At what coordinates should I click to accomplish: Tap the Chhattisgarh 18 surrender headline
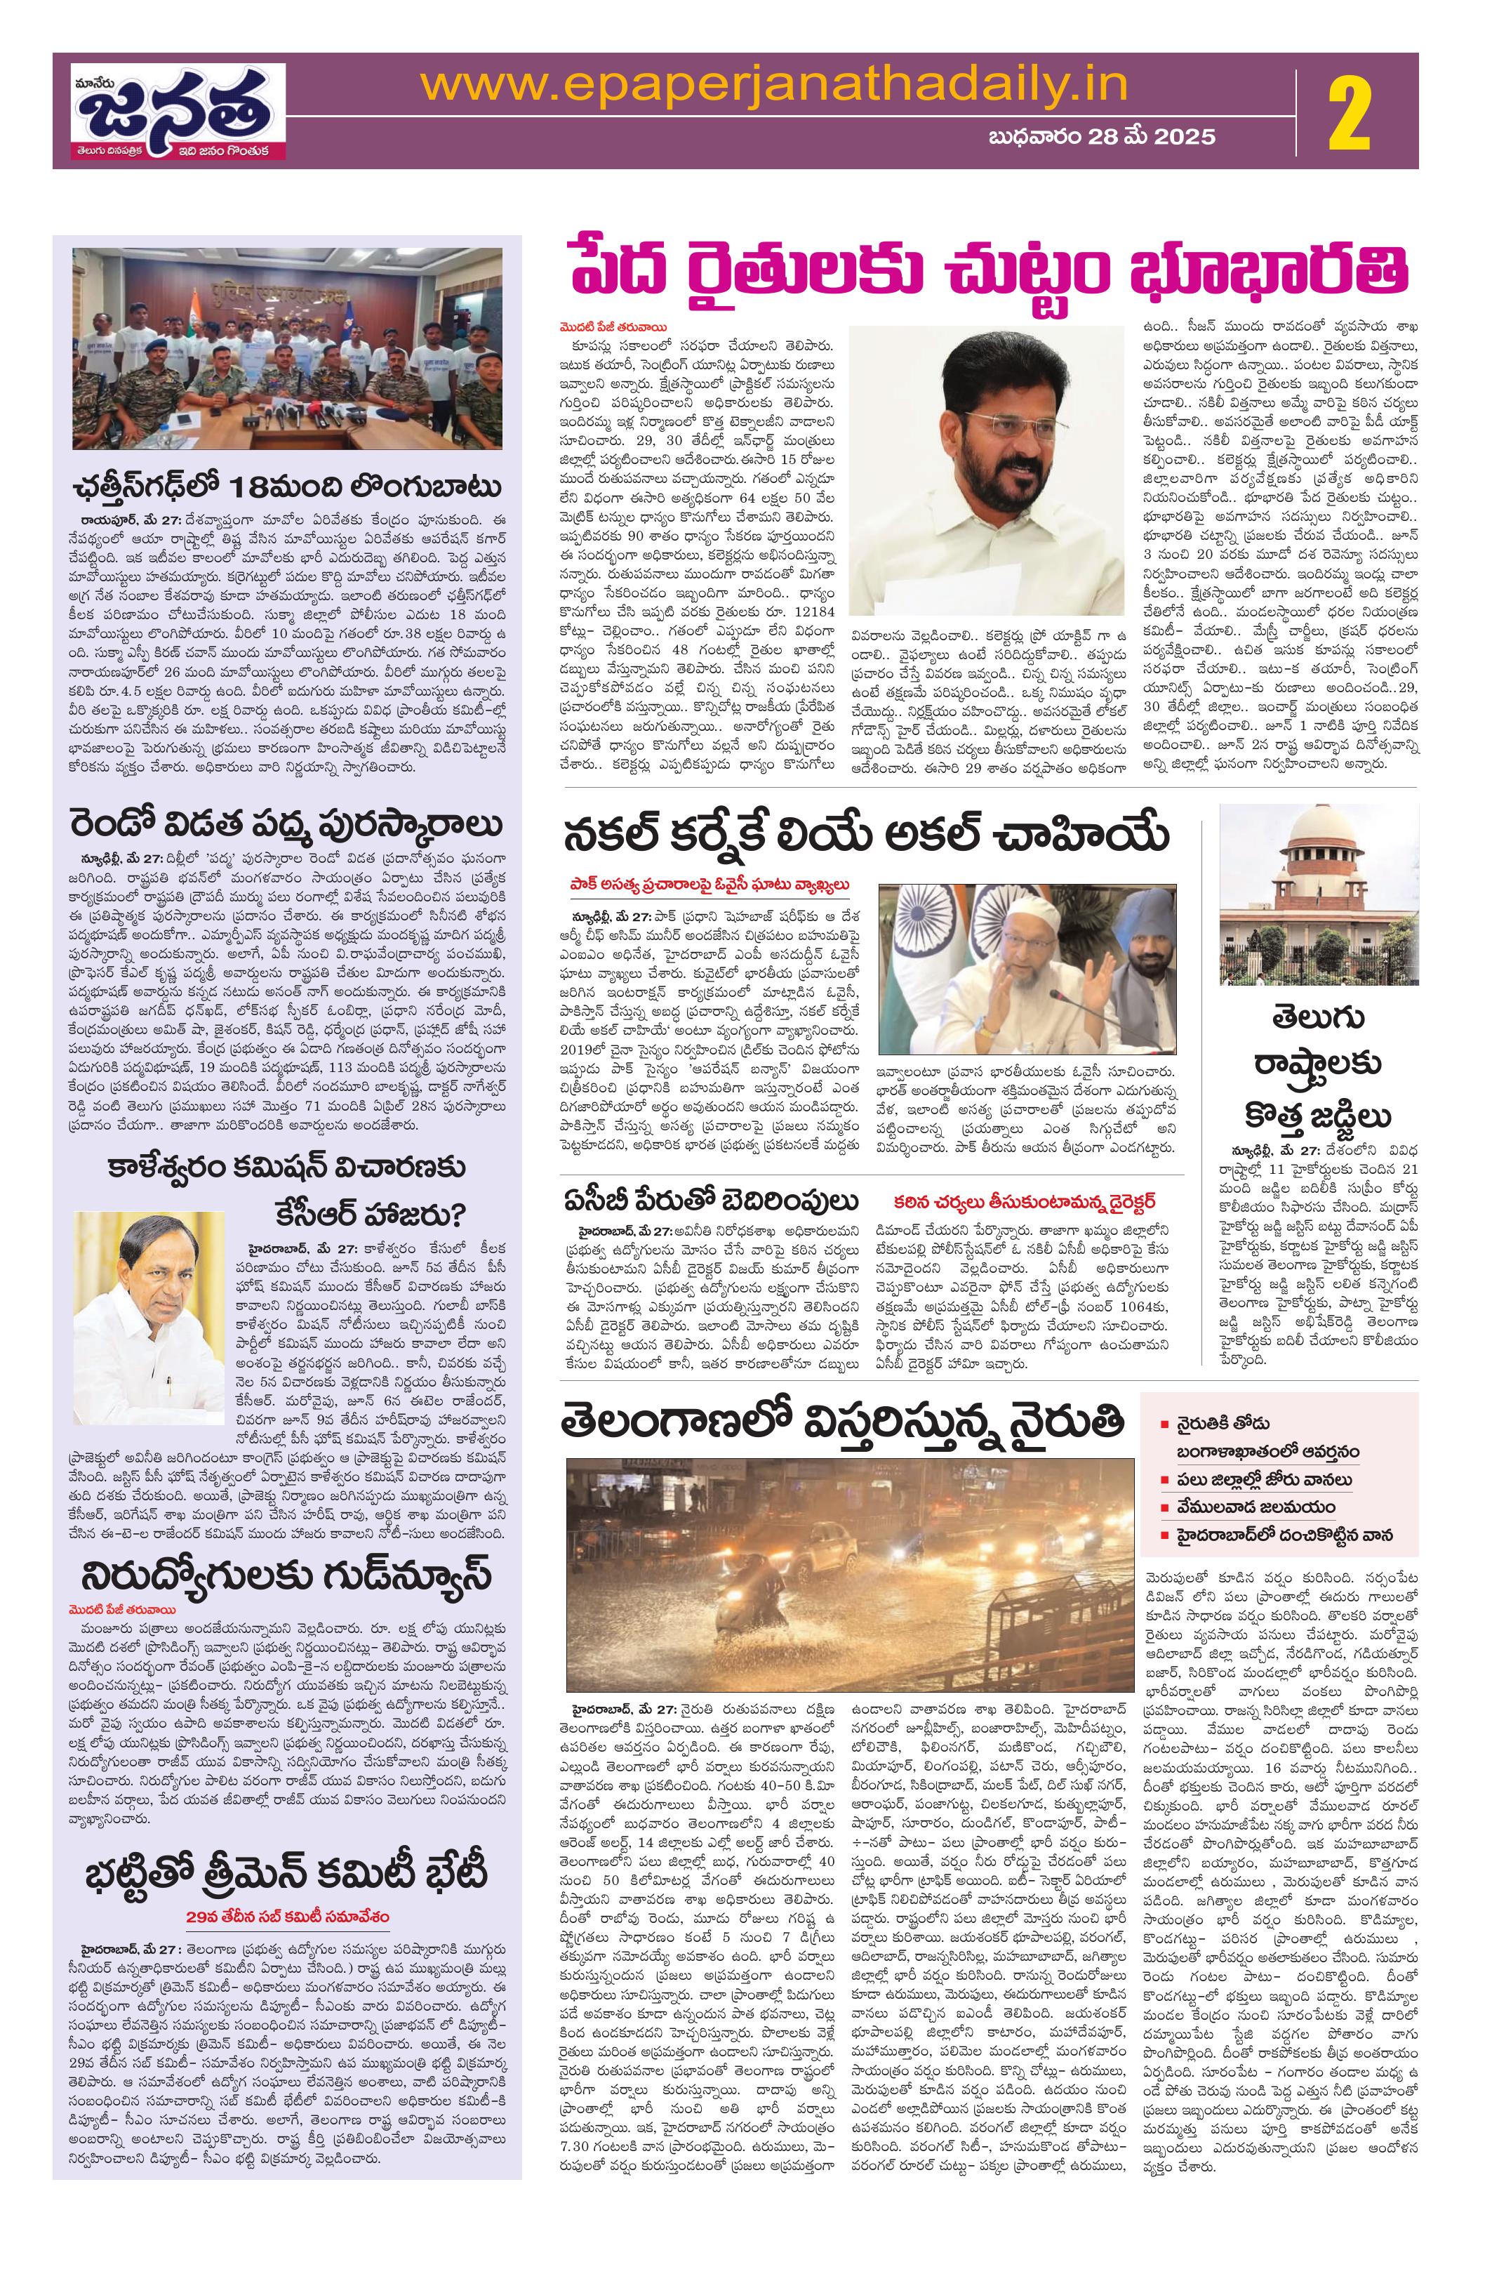(288, 489)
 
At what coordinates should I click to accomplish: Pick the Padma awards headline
(288, 825)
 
